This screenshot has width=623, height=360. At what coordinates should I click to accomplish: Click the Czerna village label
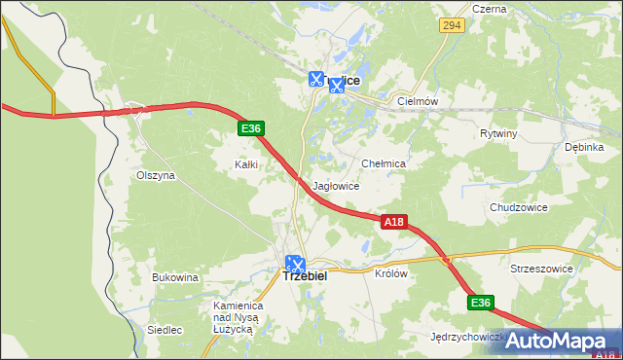(x=489, y=9)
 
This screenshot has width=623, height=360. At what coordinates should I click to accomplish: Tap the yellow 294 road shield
(x=450, y=26)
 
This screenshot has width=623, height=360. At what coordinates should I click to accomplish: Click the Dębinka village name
(x=584, y=147)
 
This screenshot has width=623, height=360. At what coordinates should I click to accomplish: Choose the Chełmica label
(x=383, y=164)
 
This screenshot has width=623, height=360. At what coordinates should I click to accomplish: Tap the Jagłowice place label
(x=337, y=186)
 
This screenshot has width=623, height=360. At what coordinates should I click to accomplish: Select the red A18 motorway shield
(x=392, y=223)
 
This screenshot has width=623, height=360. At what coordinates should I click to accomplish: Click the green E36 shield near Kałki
(x=250, y=128)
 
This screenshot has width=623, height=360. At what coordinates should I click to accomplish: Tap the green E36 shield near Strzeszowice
(x=480, y=304)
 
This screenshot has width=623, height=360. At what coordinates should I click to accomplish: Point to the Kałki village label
(x=246, y=164)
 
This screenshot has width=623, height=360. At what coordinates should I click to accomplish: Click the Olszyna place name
(x=155, y=176)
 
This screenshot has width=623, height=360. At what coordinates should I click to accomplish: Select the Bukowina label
(x=175, y=277)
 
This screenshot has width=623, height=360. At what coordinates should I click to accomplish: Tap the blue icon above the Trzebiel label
(x=295, y=262)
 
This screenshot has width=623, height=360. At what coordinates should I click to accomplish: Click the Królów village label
(x=390, y=273)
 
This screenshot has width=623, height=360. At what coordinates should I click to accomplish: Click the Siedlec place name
(x=165, y=330)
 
